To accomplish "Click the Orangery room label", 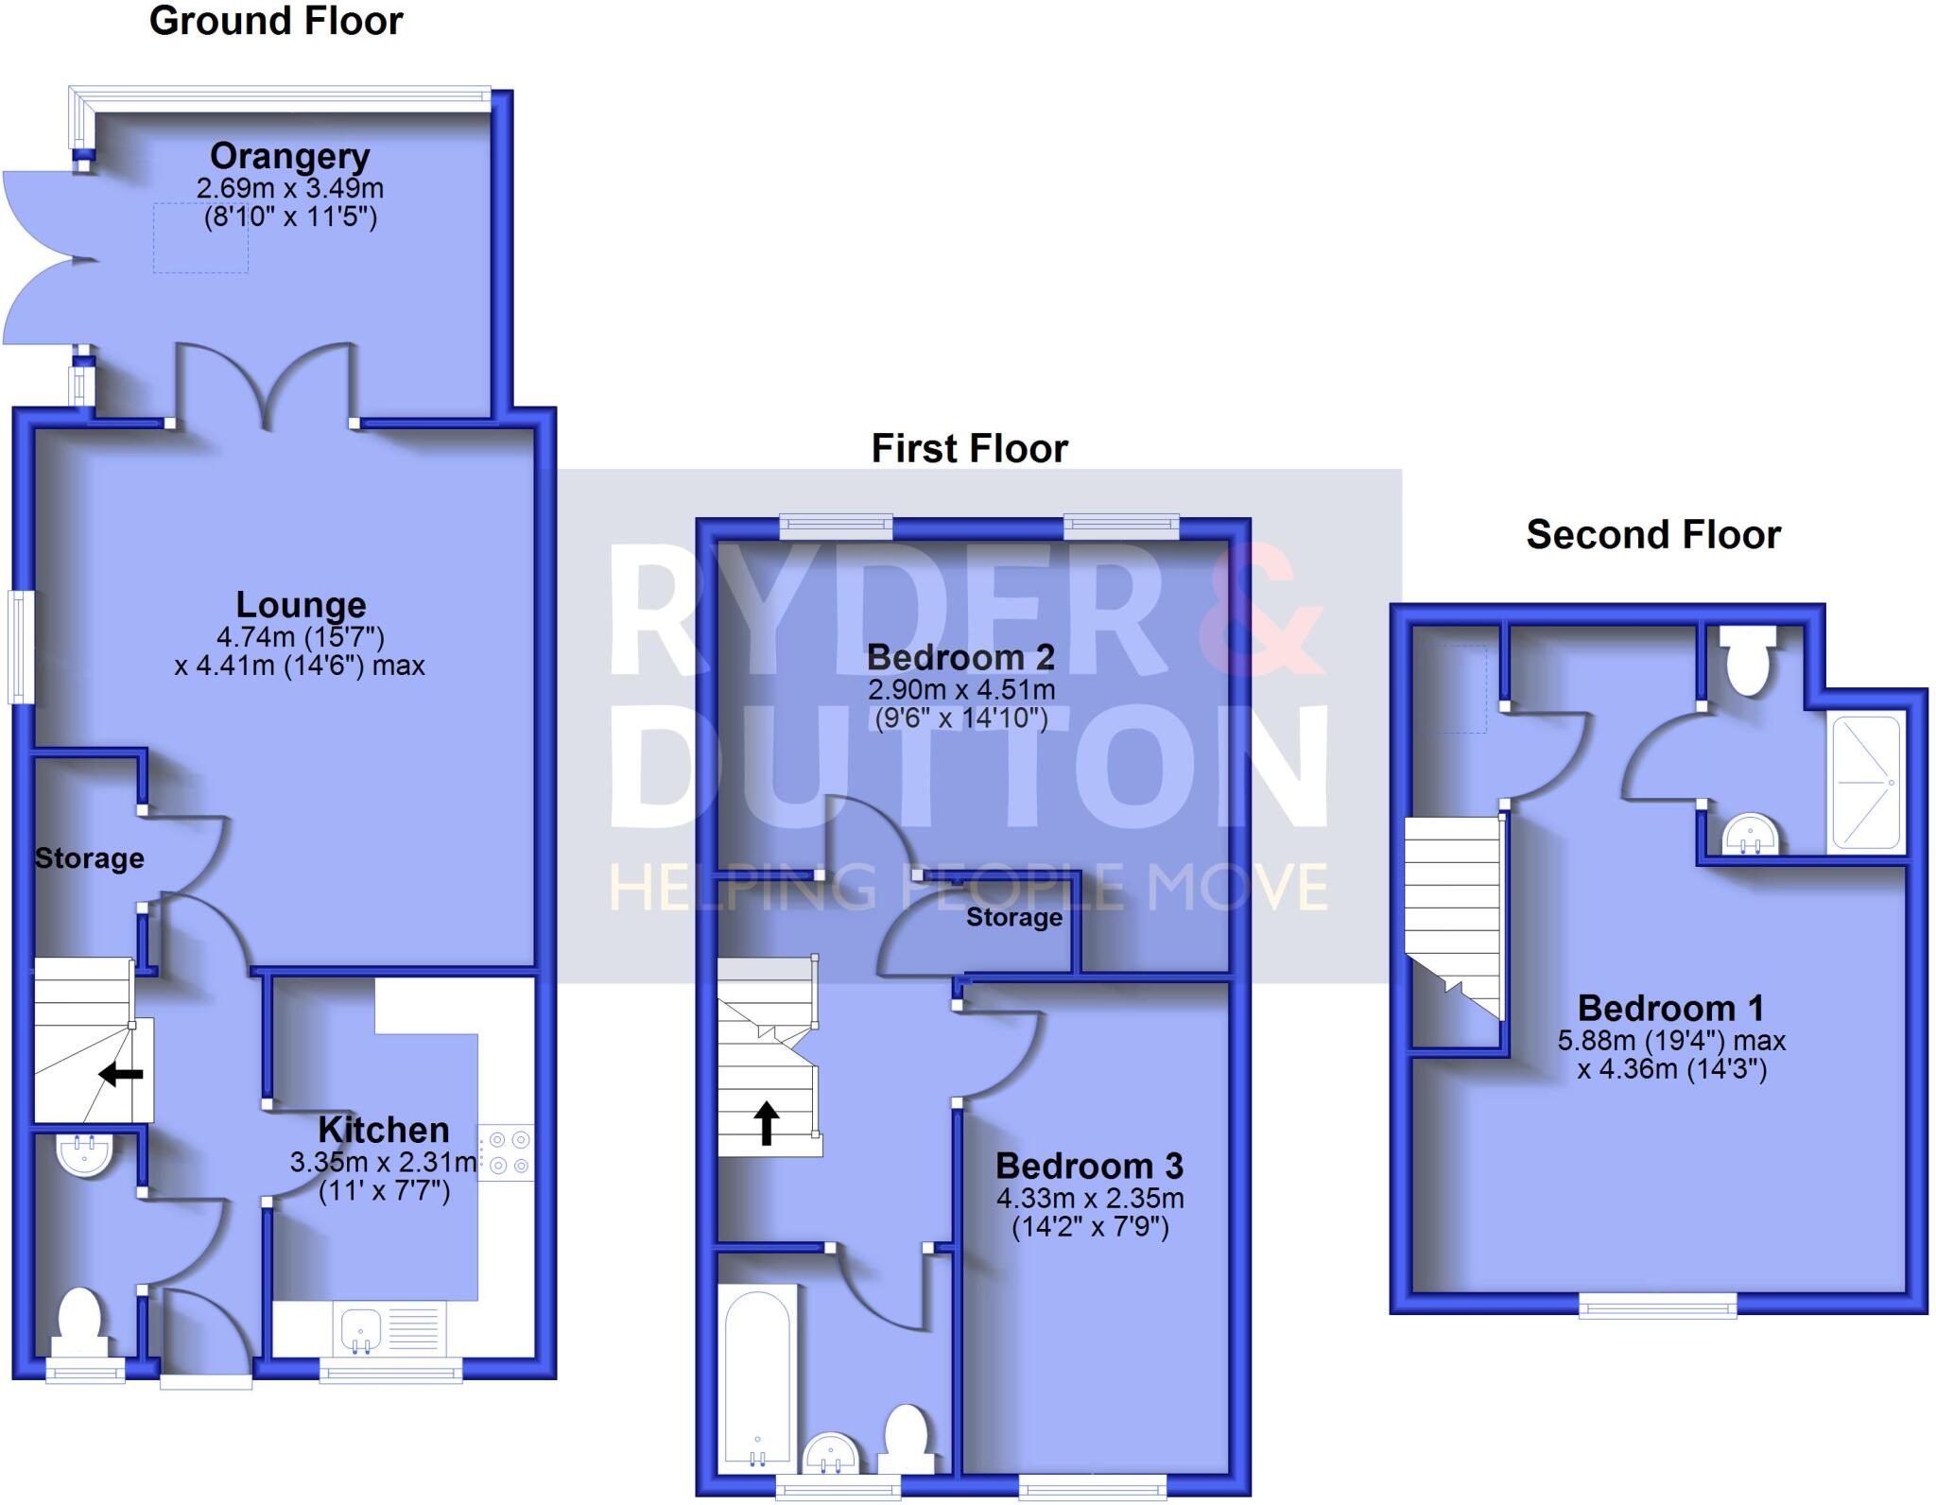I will pos(289,156).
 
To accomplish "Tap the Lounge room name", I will pos(301,605).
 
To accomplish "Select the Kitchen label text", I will pos(383,1130).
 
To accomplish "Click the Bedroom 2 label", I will pos(959,657).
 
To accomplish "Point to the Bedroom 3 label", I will pos(1089,1167).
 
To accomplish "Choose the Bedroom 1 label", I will pos(1670,1009).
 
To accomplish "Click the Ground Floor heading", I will pos(276,22).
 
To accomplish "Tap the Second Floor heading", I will pos(1653,535).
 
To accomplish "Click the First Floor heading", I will pos(969,448).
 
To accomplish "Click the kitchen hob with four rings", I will pos(507,1153).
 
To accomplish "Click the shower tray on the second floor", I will pos(1866,782).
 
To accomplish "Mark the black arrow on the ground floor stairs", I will pos(121,1074).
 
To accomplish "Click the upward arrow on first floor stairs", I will pos(766,1123).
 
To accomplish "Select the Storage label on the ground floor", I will pos(90,858).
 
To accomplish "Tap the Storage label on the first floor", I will pos(1013,917).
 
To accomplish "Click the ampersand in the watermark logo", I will pos(1262,610).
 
